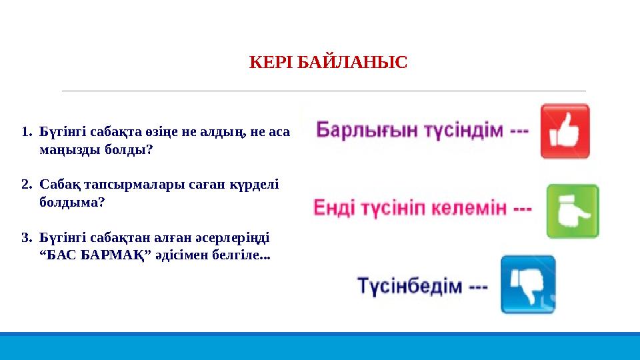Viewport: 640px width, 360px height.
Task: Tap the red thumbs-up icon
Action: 565,131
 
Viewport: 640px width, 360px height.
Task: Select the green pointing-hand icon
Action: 572,211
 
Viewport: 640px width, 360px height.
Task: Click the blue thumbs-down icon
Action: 528,285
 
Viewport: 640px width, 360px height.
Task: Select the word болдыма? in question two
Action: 72,201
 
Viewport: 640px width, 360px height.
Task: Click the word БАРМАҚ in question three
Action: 118,255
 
